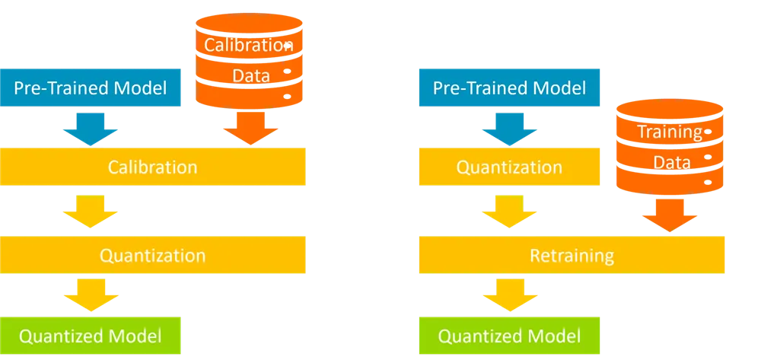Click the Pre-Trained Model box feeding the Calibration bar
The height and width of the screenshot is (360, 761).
91,88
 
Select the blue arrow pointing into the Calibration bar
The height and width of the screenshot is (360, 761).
91,129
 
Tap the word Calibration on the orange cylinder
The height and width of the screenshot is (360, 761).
248,45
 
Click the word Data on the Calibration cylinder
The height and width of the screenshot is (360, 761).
251,76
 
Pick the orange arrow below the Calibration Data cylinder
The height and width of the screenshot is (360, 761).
250,128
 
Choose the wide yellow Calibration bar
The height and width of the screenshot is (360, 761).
152,167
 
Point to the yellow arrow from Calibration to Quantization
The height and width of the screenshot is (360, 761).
91,212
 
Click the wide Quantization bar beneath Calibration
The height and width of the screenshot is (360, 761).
152,255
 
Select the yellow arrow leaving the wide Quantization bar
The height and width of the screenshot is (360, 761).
91,294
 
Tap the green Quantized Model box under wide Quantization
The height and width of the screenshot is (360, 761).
91,335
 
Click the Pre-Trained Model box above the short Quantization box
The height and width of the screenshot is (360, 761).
509,88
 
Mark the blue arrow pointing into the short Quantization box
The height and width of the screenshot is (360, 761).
509,129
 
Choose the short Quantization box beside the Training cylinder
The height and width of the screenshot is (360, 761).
509,167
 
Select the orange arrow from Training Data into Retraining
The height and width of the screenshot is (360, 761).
670,215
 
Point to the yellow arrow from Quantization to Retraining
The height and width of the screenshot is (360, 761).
509,212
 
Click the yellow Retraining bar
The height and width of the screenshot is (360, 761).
572,255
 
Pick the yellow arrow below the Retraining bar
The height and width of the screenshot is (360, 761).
510,294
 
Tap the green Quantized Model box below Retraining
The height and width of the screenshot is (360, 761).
509,335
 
